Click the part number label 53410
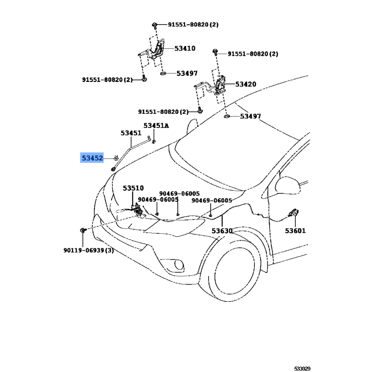click(x=185, y=48)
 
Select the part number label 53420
click(x=246, y=84)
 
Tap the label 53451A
click(x=156, y=126)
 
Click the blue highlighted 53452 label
click(x=92, y=158)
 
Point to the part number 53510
click(x=133, y=188)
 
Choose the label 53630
click(x=222, y=231)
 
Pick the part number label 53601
click(x=296, y=231)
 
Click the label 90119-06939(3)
click(x=88, y=251)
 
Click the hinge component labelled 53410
click(x=156, y=51)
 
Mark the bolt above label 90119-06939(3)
click(x=82, y=231)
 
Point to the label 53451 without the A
click(x=131, y=133)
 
